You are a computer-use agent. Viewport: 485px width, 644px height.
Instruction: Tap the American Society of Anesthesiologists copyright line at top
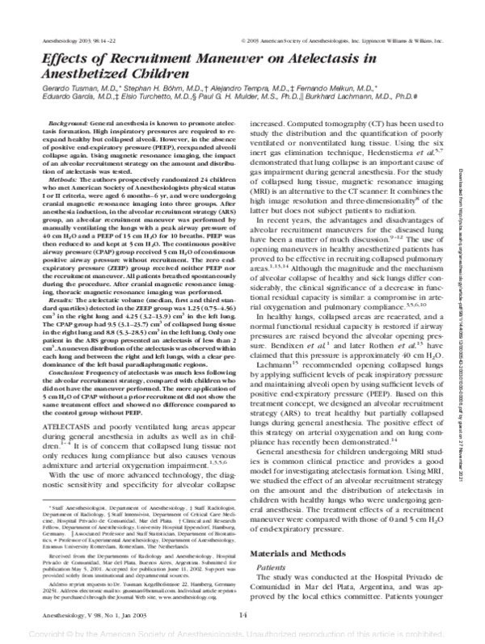click(x=352, y=38)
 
